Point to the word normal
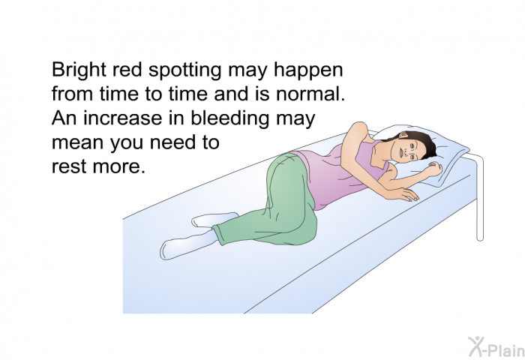[310, 94]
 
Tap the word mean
[78, 142]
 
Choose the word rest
[70, 166]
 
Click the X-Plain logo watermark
[496, 346]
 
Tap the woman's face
[407, 148]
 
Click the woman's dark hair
[422, 143]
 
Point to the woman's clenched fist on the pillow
[434, 169]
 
